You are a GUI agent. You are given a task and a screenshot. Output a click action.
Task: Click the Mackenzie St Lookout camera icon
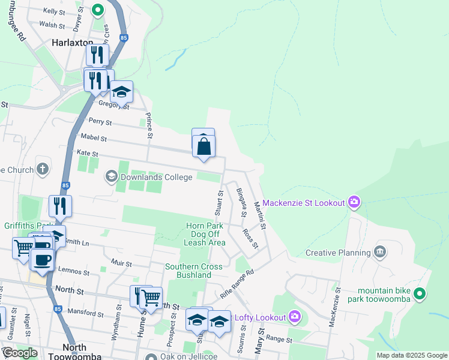[354, 202]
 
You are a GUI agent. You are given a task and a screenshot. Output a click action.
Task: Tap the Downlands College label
[156, 177]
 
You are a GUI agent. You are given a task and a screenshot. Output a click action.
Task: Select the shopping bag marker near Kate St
[204, 145]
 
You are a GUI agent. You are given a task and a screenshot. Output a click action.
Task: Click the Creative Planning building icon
[379, 252]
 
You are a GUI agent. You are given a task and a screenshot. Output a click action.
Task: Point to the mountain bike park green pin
[420, 294]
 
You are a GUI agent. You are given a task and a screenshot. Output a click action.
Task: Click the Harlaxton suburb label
[73, 43]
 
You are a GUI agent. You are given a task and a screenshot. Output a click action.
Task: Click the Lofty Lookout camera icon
[294, 316]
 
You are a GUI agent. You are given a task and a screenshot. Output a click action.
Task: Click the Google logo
[20, 353]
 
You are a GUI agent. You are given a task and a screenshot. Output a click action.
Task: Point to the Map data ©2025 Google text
[411, 355]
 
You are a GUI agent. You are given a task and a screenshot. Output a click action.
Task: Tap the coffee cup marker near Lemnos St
[42, 260]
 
